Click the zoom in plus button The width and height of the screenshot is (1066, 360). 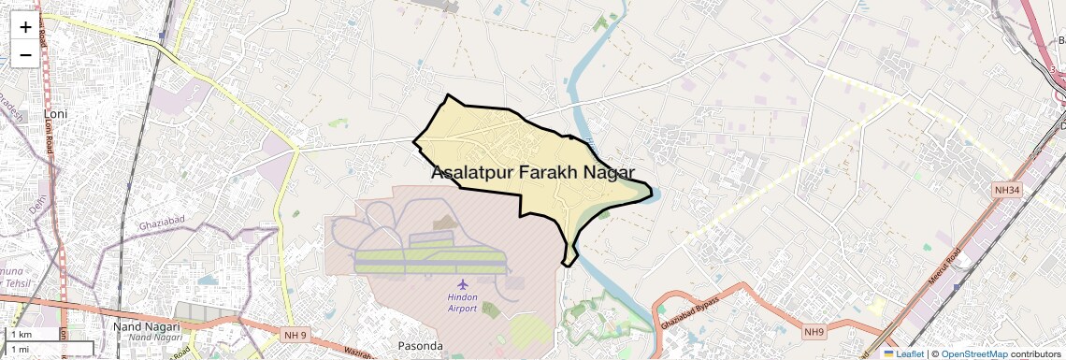[x=25, y=27]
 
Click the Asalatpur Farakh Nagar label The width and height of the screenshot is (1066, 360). [x=533, y=172]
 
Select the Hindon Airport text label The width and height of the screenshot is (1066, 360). [x=462, y=302]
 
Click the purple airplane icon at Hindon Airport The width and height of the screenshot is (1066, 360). [x=462, y=283]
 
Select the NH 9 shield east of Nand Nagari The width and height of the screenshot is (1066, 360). [x=293, y=332]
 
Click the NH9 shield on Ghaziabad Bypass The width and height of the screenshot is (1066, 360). [x=815, y=331]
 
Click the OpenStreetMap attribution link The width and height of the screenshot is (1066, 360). [x=973, y=353]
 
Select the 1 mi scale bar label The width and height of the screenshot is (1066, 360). [x=20, y=349]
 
